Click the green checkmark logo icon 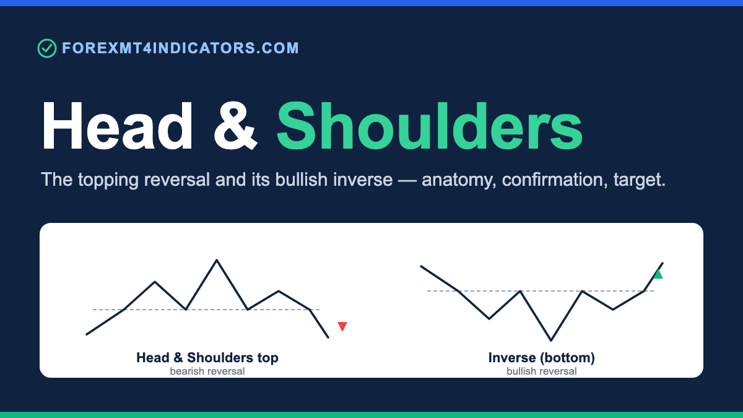pos(47,48)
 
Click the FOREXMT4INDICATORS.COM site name pos(180,48)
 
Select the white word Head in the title pos(117,126)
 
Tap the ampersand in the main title pos(235,126)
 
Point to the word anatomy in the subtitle pos(459,180)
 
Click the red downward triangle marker pos(342,326)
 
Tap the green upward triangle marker pos(658,274)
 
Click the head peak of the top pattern pos(217,260)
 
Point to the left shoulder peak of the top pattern pos(155,282)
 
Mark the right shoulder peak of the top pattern pos(279,291)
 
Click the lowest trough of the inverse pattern pos(551,340)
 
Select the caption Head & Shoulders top pos(207,358)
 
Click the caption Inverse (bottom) pos(542,358)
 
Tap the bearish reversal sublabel pos(207,371)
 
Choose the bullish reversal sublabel pos(542,371)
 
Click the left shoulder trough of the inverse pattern pos(489,318)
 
